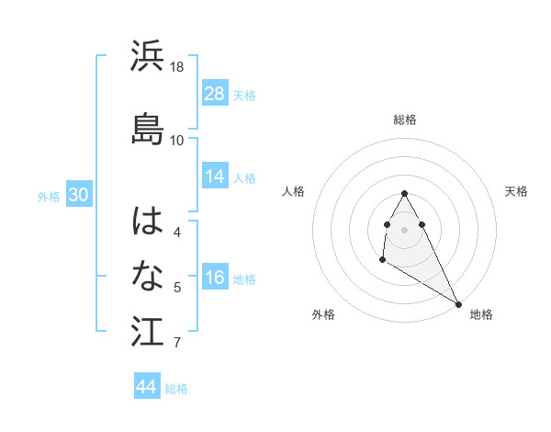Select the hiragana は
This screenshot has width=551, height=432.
(148, 221)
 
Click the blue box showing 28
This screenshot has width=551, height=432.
(215, 93)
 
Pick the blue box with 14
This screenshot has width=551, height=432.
(215, 176)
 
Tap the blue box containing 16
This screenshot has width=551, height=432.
(215, 279)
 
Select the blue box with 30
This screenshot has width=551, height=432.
(78, 195)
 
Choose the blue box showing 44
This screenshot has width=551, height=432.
(147, 387)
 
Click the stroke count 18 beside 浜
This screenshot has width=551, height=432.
(177, 67)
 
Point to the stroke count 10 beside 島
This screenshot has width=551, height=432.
(177, 140)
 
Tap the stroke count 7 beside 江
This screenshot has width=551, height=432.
(177, 344)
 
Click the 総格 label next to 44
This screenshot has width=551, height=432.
(176, 389)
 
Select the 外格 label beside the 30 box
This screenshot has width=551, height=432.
(49, 196)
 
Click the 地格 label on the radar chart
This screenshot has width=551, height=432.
(481, 314)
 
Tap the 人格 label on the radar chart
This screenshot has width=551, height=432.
(294, 191)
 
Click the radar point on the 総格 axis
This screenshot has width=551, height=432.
(404, 193)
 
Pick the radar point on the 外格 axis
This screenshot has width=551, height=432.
(382, 260)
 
